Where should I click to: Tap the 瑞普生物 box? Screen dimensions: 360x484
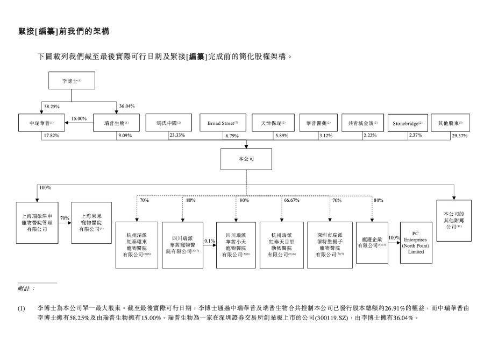pos(116,123)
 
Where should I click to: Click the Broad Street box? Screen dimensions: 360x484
pos(222,123)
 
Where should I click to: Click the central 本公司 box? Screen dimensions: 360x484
pos(246,160)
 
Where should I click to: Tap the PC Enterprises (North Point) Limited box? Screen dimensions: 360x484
pos(416,242)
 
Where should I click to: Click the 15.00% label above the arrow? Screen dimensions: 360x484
pos(79,118)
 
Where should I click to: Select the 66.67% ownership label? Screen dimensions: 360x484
pos(291,200)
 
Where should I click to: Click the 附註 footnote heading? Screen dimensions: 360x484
pos(26,288)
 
